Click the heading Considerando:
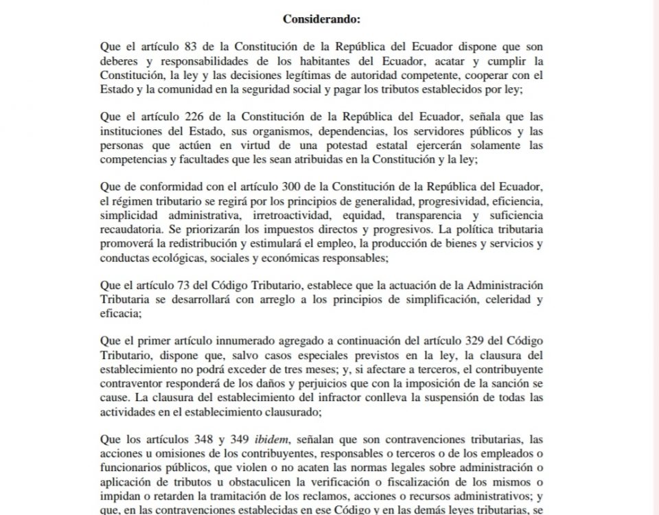(321, 19)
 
